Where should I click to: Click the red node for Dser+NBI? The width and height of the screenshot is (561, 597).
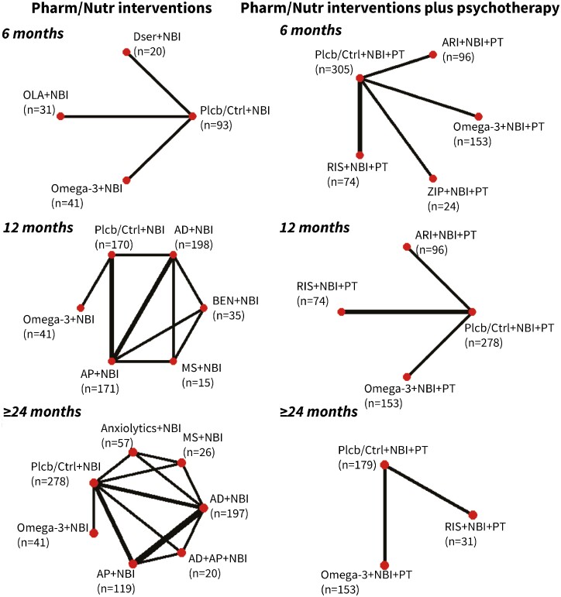pyautogui.click(x=126, y=53)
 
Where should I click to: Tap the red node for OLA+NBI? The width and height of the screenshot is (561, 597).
pyautogui.click(x=59, y=117)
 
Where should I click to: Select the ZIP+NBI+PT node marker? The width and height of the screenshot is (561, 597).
pyautogui.click(x=432, y=179)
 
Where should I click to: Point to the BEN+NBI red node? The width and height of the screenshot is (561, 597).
pyautogui.click(x=204, y=307)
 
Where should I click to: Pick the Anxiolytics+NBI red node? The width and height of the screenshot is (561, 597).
pyautogui.click(x=133, y=451)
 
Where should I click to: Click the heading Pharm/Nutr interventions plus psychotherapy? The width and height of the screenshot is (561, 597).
pyautogui.click(x=400, y=11)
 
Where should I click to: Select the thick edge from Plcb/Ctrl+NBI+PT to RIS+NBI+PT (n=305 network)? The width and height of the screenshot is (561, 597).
pyautogui.click(x=360, y=116)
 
